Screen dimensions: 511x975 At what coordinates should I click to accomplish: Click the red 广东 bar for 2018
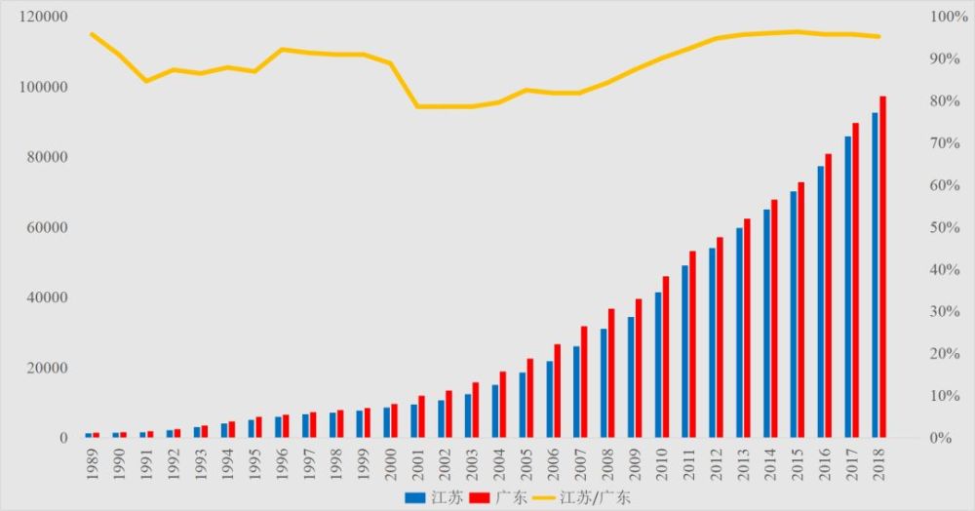(x=882, y=266)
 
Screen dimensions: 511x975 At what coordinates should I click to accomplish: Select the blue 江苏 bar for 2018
(x=875, y=275)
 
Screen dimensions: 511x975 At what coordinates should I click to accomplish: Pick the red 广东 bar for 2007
(x=584, y=381)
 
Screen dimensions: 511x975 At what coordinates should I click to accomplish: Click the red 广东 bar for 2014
(x=774, y=318)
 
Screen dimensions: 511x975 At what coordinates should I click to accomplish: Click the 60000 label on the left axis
(x=44, y=227)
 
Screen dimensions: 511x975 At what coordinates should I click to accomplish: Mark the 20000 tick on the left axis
(x=44, y=368)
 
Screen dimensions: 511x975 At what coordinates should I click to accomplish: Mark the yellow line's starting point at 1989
(x=92, y=34)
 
